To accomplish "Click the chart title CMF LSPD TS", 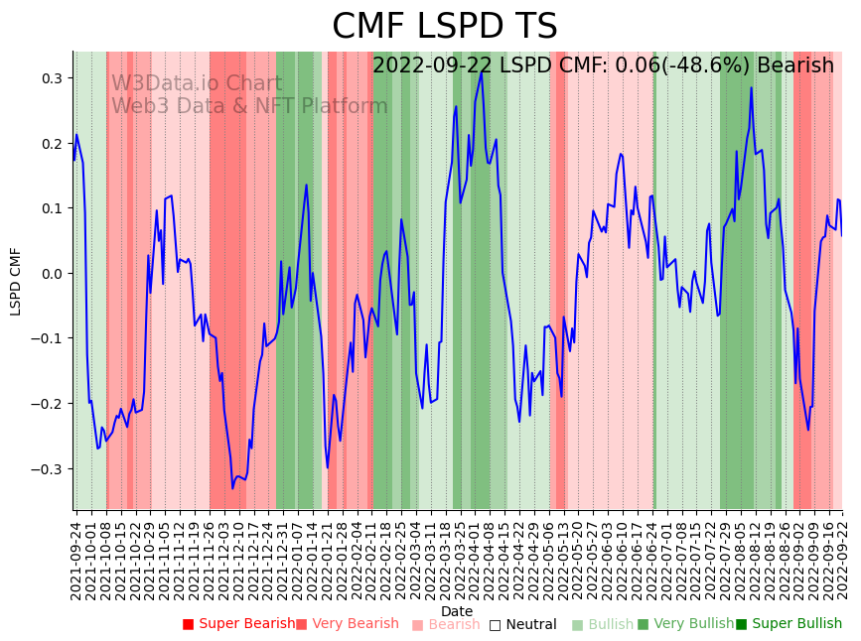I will pos(444,27).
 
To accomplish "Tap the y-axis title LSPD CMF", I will pos(15,281).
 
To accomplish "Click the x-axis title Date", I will pos(457,611).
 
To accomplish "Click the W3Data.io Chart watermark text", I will pos(197,84).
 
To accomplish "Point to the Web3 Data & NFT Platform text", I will pos(249,106).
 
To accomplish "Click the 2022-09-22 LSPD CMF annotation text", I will pos(603,66).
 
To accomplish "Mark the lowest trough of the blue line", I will pos(232,488).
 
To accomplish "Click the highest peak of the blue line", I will pos(483,70).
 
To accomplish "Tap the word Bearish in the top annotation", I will pos(795,66).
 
